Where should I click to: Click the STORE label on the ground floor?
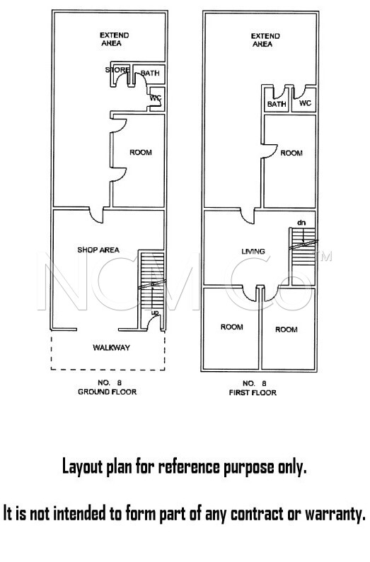117,69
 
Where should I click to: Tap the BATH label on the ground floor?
150,73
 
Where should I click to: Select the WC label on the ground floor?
156,98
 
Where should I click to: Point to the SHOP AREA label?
98,250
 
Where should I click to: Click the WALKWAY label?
111,347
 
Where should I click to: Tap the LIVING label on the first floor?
253,251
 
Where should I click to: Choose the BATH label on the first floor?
277,104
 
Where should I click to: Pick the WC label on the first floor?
305,103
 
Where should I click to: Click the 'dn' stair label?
301,223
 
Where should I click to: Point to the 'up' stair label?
155,313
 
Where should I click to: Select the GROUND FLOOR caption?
108,392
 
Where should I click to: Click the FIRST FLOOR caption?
253,392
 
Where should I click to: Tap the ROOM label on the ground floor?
141,152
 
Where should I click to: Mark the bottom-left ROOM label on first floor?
231,327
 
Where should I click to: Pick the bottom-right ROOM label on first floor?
286,329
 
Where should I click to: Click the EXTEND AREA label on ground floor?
114,39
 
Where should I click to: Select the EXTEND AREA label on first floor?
265,40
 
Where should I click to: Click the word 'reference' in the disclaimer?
189,467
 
